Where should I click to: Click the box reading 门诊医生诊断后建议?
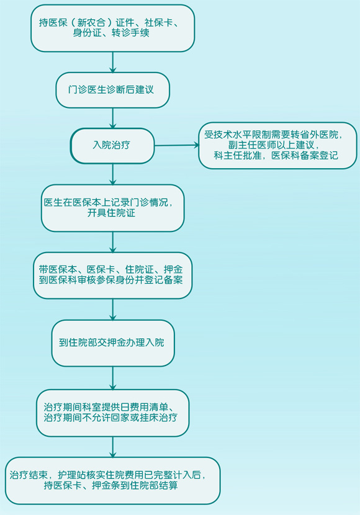pos(113,90)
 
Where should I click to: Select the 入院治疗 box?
pos(112,145)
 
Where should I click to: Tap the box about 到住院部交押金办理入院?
pos(113,343)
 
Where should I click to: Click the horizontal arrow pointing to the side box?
pos(177,145)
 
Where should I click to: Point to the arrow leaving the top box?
pos(113,62)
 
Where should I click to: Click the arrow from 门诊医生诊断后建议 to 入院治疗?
pos(113,119)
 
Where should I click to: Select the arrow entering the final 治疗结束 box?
pos(113,447)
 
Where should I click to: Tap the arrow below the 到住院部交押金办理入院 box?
pos(113,378)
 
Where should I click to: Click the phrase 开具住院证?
pos(111,213)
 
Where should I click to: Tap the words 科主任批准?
pos(238,155)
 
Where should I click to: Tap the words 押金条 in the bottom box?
pos(106,485)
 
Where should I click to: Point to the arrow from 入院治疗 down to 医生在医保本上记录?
pos(113,174)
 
